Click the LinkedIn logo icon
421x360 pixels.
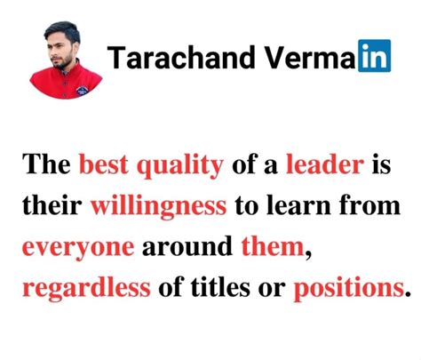click(x=372, y=59)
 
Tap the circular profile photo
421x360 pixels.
click(x=68, y=58)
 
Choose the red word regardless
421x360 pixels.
click(x=83, y=289)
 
